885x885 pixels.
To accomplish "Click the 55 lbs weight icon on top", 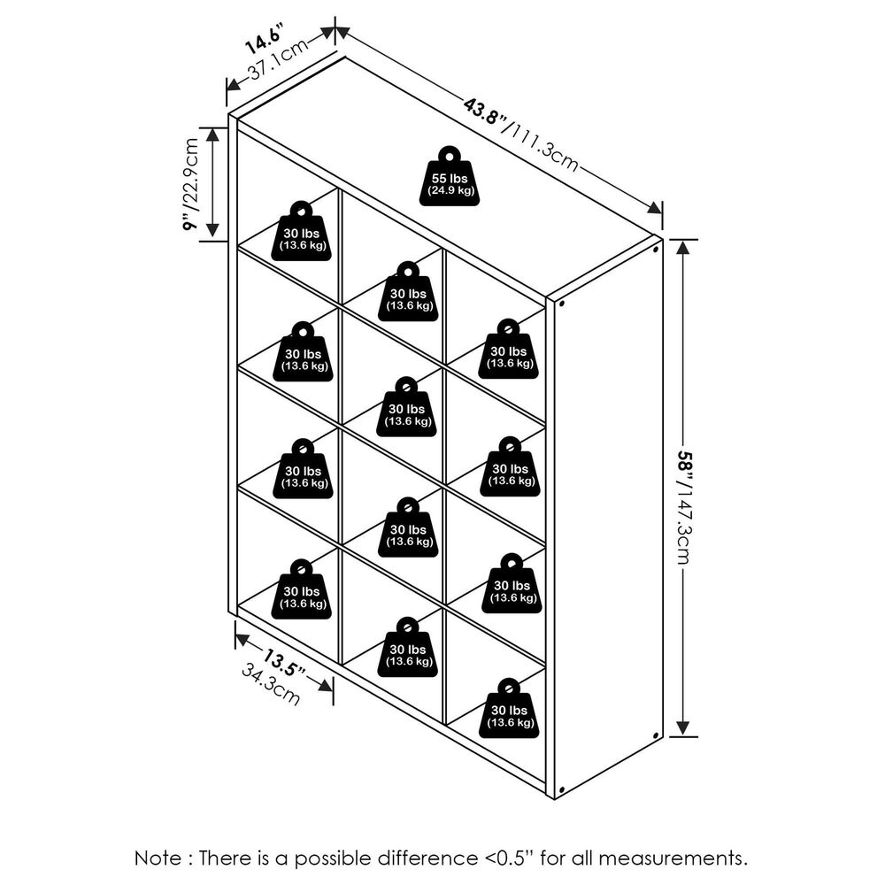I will pos(450,177).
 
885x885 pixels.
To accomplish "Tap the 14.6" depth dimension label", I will pos(262,40).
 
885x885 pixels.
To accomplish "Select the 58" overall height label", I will pos(685,465).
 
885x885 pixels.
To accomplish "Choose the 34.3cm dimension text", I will pos(271,685).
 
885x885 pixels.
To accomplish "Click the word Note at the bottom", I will pos(158,858).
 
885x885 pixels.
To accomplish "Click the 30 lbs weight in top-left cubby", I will pos(301,232).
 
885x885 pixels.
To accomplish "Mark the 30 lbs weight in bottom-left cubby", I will pos(301,590).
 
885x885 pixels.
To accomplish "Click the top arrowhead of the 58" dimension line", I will pos(682,245).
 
